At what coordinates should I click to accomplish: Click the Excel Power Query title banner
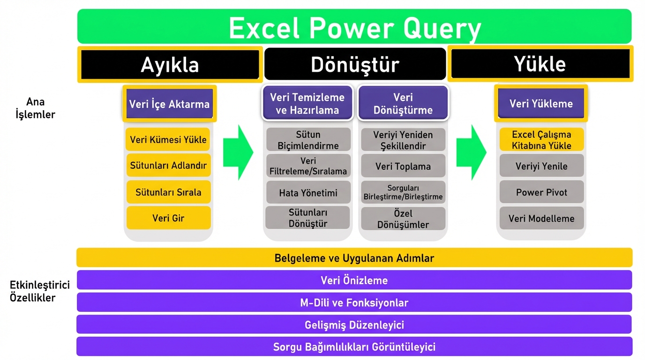click(354, 27)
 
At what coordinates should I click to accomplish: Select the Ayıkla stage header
click(170, 64)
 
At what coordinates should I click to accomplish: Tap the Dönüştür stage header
click(355, 64)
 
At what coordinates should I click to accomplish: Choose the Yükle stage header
click(540, 63)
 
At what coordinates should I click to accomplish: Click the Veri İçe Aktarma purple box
click(169, 104)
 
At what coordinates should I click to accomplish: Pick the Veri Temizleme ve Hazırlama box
click(307, 104)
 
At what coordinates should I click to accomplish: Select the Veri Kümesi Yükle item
click(168, 139)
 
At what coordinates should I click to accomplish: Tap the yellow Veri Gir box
click(168, 218)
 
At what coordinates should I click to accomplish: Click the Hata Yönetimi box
click(308, 192)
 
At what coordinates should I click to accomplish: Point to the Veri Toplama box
click(403, 166)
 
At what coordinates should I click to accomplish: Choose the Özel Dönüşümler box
click(403, 218)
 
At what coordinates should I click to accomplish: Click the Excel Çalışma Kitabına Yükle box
click(541, 140)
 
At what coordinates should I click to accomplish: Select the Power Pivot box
click(541, 192)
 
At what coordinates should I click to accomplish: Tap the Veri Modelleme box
click(541, 218)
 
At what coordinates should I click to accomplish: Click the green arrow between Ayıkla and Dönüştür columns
click(238, 152)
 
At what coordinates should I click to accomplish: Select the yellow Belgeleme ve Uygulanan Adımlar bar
click(354, 258)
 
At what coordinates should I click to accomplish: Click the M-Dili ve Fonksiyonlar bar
click(354, 303)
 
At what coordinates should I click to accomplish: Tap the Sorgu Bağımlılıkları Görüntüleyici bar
click(354, 347)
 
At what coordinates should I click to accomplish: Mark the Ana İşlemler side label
click(35, 108)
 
